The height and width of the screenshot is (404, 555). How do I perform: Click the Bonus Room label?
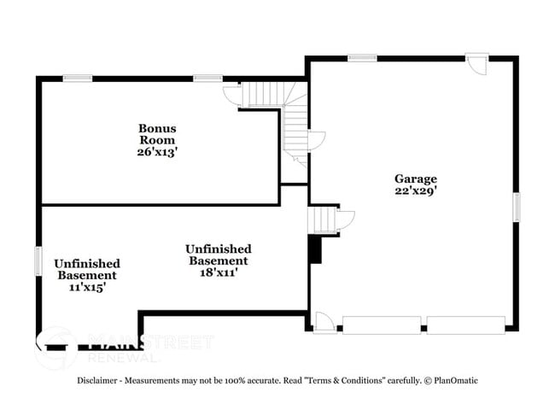coord(157,133)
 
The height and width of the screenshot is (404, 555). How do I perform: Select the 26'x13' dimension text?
coord(157,151)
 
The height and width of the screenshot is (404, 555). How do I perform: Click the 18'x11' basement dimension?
coord(217,272)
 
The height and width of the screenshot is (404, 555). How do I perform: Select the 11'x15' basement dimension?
coord(87,287)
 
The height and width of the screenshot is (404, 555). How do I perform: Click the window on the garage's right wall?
coord(516,207)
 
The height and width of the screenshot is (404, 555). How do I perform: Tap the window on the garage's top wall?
coord(362,58)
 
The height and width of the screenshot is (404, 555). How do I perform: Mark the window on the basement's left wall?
coord(38,261)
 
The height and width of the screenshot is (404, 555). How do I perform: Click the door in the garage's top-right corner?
coord(477,65)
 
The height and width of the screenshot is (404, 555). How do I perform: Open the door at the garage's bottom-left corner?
coord(324,323)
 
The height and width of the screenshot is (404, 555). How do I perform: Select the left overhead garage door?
coord(381,325)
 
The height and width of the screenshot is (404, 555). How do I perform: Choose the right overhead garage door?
coord(464,325)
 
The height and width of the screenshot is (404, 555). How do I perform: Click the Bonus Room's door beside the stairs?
coord(231,94)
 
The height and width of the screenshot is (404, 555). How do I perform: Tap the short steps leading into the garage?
coord(322,219)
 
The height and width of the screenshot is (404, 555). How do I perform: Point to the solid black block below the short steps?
coord(314,249)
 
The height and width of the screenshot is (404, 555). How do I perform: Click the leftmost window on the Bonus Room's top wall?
coord(78,79)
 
